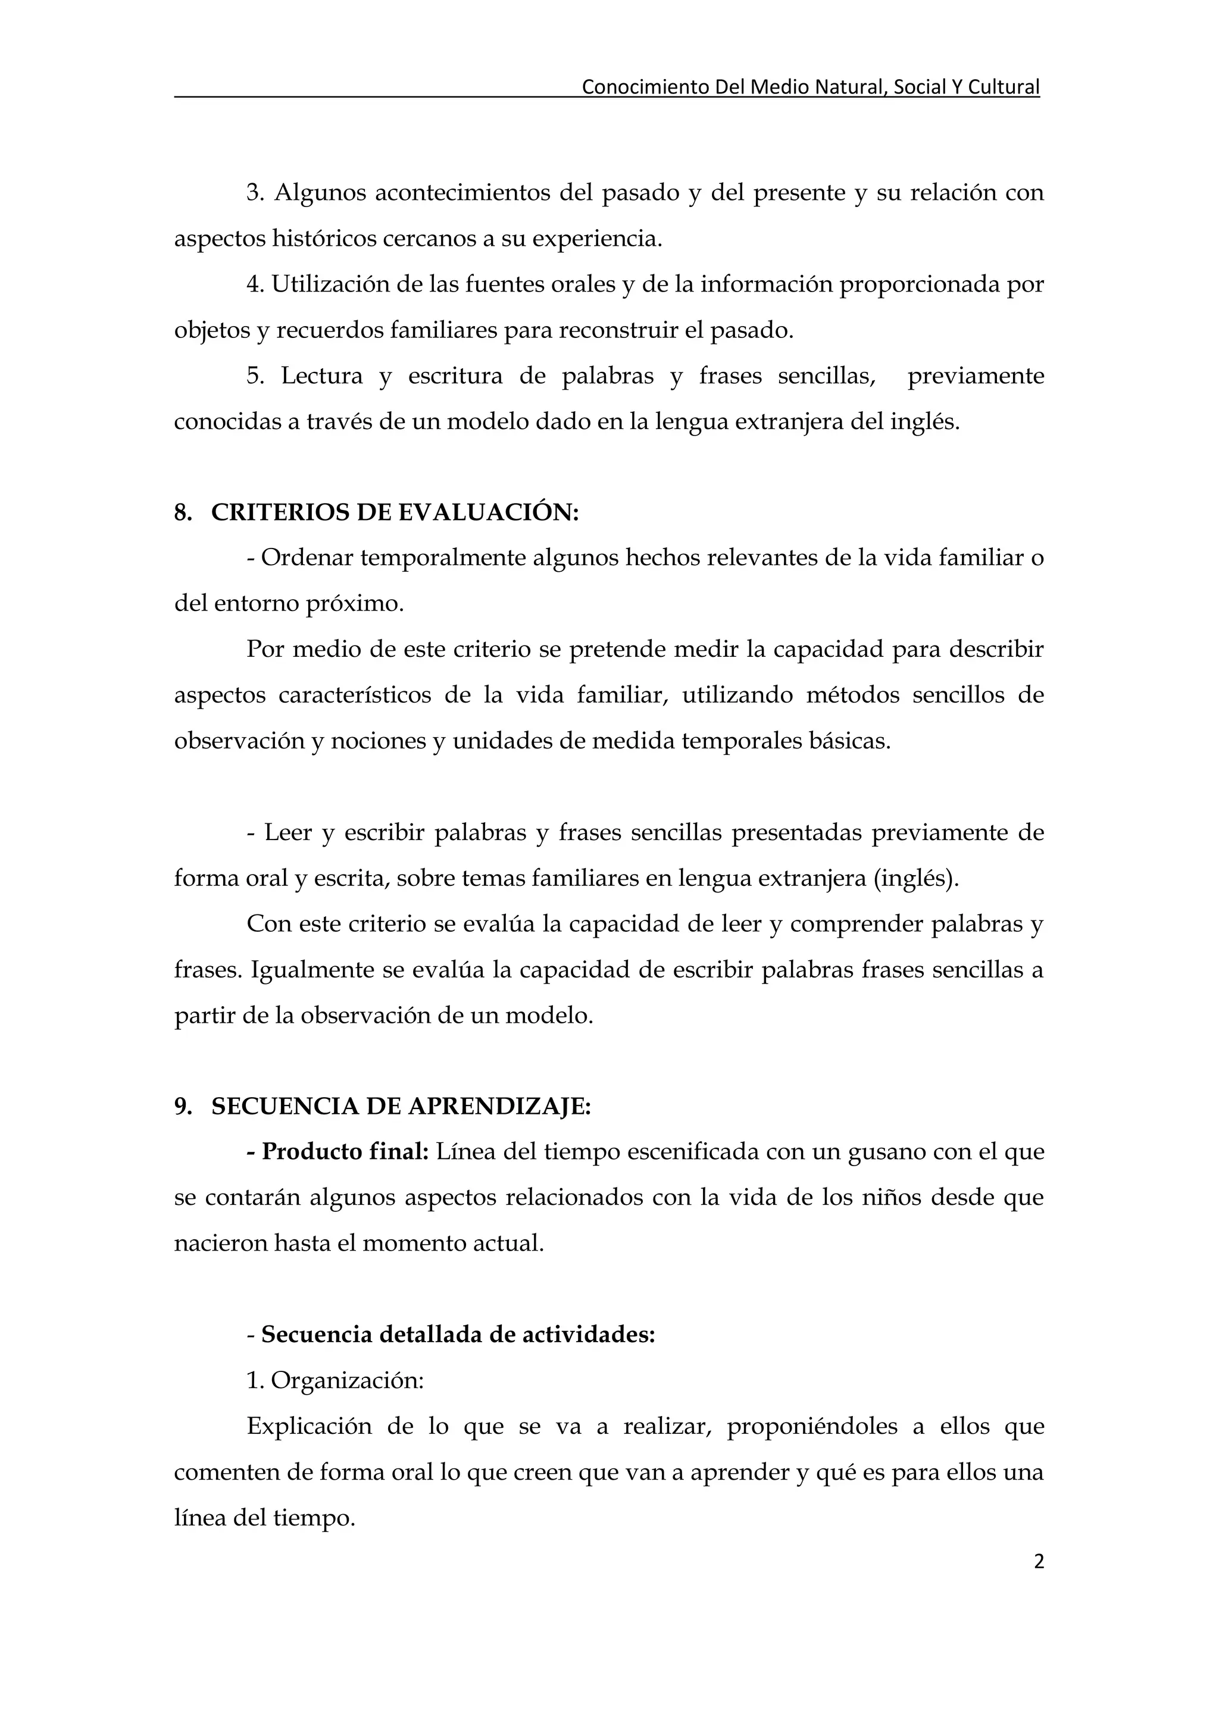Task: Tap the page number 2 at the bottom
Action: click(x=1038, y=1562)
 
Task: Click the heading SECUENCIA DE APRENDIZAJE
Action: click(x=401, y=1107)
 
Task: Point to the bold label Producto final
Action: click(x=345, y=1152)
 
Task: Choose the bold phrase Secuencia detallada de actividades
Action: click(x=458, y=1335)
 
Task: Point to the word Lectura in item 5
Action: click(x=321, y=376)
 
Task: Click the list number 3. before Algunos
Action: click(x=255, y=193)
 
